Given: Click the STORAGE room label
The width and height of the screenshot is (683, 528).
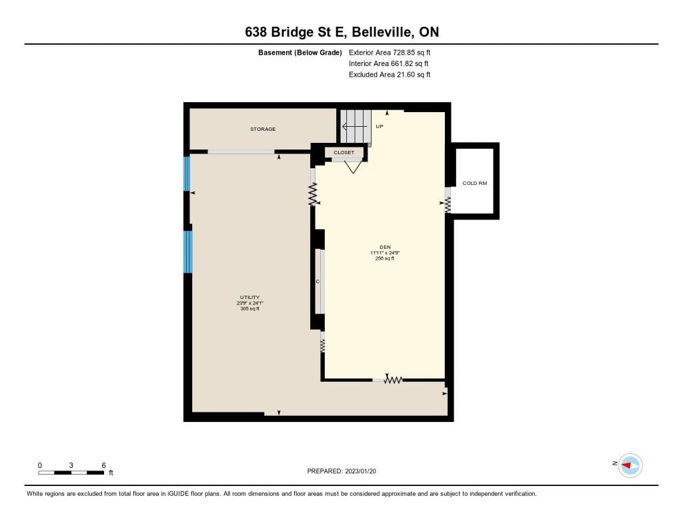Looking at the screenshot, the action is point(263,129).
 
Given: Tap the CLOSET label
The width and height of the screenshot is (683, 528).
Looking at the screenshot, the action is point(344,153).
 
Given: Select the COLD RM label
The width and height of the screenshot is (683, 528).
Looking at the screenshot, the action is point(475,183).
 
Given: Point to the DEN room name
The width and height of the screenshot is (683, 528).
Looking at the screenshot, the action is point(385,247).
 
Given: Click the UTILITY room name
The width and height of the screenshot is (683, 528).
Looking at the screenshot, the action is point(249,297).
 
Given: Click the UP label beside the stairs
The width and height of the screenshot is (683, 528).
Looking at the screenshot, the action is point(380,126).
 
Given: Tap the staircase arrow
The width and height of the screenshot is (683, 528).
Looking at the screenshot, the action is point(356,127).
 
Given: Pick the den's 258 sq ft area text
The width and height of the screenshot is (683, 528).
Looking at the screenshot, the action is point(385,258).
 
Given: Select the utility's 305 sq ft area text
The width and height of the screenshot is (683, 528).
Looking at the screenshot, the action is point(249,308).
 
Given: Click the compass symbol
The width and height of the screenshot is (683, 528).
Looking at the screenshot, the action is point(630,466).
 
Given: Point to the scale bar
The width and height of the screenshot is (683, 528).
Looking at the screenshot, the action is point(71,473).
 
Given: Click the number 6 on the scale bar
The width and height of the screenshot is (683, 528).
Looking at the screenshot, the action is point(103,465).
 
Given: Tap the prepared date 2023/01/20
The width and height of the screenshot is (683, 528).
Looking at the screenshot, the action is point(361,471).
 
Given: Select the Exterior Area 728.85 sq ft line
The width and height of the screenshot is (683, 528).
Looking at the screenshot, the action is point(390,52).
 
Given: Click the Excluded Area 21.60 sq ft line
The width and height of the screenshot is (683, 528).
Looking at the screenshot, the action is point(390,75).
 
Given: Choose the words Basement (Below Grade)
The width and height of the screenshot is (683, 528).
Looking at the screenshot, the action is point(300,53).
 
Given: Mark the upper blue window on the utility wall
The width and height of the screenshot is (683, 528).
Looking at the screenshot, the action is point(187,174).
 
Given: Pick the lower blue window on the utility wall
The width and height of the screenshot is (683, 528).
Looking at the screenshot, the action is point(187,252).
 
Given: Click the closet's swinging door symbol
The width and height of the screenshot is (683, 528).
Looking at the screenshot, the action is point(353,167).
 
